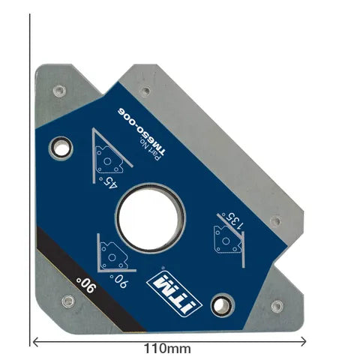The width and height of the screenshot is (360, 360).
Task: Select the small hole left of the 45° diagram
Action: point(55,147)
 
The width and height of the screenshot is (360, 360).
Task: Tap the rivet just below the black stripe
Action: point(68,301)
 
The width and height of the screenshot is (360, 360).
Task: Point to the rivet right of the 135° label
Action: point(275,221)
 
